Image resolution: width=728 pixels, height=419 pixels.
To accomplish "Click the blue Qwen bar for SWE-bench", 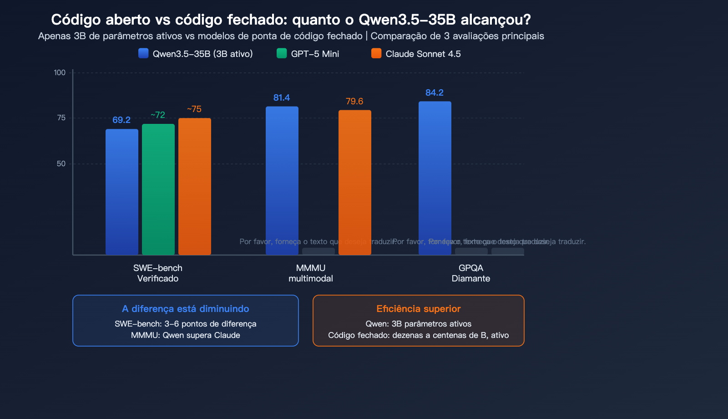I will [122, 192].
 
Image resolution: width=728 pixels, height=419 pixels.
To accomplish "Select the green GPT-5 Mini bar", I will [158, 189].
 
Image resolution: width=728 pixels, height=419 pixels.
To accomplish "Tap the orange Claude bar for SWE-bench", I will [195, 186].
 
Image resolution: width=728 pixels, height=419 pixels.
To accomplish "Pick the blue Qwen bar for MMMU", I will [282, 180].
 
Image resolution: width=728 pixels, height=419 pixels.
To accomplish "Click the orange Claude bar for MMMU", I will [355, 182].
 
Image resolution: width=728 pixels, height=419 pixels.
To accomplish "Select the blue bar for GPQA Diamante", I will [435, 178].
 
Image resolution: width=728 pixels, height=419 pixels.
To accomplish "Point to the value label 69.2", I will [121, 120].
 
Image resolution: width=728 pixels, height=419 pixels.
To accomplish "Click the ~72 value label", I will [158, 115].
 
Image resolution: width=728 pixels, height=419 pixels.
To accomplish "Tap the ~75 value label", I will [194, 109].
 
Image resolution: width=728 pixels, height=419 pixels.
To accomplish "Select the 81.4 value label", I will [282, 97].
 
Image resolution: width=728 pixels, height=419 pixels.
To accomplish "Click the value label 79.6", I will [354, 101].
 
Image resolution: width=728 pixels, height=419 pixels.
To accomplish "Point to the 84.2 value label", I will [435, 92].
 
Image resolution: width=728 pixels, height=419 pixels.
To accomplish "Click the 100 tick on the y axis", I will [60, 72].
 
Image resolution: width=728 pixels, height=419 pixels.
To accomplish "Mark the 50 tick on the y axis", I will [61, 164].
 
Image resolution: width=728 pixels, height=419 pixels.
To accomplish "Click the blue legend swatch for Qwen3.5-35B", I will [143, 53].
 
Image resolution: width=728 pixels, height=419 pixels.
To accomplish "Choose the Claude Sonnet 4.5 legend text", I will [423, 54].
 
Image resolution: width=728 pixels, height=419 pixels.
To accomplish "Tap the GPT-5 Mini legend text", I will [315, 54].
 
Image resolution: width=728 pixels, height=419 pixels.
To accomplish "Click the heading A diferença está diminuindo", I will [186, 309].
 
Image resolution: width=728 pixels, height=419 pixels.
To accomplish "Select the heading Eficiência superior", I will [419, 309].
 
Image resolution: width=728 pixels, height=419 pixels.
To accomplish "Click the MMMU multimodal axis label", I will [311, 273].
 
